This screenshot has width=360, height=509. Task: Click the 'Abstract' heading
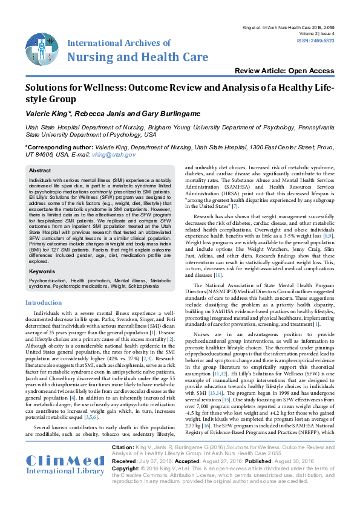[41, 171]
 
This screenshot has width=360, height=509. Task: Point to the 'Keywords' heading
[42, 271]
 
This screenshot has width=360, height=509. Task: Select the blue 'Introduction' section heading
[44, 302]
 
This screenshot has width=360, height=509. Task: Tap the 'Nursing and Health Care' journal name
[138, 57]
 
